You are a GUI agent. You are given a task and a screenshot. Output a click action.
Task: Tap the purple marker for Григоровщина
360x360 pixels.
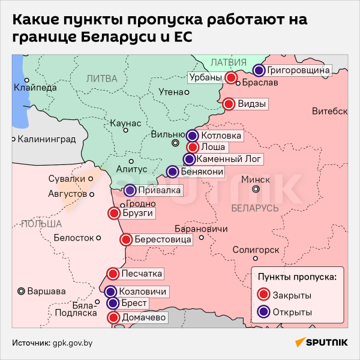(259, 70)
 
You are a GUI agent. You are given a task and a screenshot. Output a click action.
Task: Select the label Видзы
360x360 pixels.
(252, 104)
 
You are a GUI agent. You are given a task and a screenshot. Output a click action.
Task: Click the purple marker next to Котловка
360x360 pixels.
(192, 136)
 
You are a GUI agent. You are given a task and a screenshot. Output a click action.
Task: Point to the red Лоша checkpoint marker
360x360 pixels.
(193, 147)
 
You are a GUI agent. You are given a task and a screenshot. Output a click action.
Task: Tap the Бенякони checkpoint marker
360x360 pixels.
(172, 172)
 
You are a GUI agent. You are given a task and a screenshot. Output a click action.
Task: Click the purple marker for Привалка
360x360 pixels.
(130, 191)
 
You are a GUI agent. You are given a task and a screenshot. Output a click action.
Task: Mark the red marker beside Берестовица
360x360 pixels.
(126, 240)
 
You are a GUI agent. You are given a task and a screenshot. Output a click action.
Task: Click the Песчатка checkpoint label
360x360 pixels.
(142, 274)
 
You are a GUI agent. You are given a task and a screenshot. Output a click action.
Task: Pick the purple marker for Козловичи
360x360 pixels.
(110, 292)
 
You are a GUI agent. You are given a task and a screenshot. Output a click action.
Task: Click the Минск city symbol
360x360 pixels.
(256, 189)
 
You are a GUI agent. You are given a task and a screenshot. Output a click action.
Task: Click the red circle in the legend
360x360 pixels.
(262, 295)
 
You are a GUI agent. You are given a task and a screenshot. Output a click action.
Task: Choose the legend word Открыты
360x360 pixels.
(292, 312)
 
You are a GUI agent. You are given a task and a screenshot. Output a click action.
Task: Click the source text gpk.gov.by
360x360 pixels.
(73, 343)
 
